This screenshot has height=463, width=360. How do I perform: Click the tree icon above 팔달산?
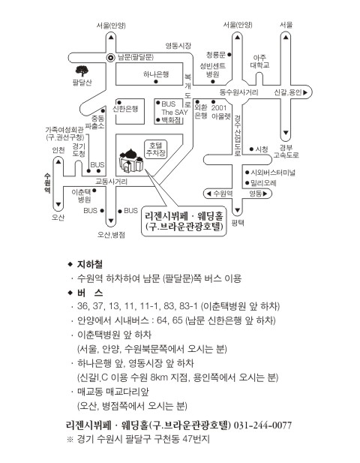tap(82, 71)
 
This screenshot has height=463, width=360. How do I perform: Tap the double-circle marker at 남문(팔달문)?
tap(111, 58)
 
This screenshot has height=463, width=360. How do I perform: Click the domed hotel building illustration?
tap(131, 161)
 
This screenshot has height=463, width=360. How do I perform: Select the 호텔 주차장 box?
tap(155, 149)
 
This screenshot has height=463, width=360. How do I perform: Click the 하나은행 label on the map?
tap(156, 74)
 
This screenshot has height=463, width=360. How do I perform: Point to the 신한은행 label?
tap(125, 109)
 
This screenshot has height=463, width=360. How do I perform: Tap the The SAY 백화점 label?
tap(175, 116)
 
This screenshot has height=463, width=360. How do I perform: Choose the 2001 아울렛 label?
tap(220, 112)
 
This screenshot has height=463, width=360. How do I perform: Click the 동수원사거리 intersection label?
tap(238, 92)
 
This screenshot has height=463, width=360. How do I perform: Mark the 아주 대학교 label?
tap(259, 61)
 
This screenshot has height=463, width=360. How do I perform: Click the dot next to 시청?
tap(251, 149)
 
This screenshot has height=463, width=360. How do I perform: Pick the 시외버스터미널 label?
tap(273, 173)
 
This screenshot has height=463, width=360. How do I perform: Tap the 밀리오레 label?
tap(263, 183)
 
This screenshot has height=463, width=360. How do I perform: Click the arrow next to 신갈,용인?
tap(305, 92)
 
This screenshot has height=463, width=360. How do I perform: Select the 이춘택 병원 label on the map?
tap(81, 196)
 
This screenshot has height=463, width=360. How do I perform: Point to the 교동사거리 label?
tap(111, 182)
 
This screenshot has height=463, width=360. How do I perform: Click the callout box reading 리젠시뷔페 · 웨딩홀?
tap(184, 221)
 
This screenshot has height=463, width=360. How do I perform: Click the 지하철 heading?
tap(90, 264)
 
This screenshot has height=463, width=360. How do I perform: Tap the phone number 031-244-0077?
tap(262, 425)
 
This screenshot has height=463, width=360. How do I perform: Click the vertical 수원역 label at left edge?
tap(47, 183)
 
